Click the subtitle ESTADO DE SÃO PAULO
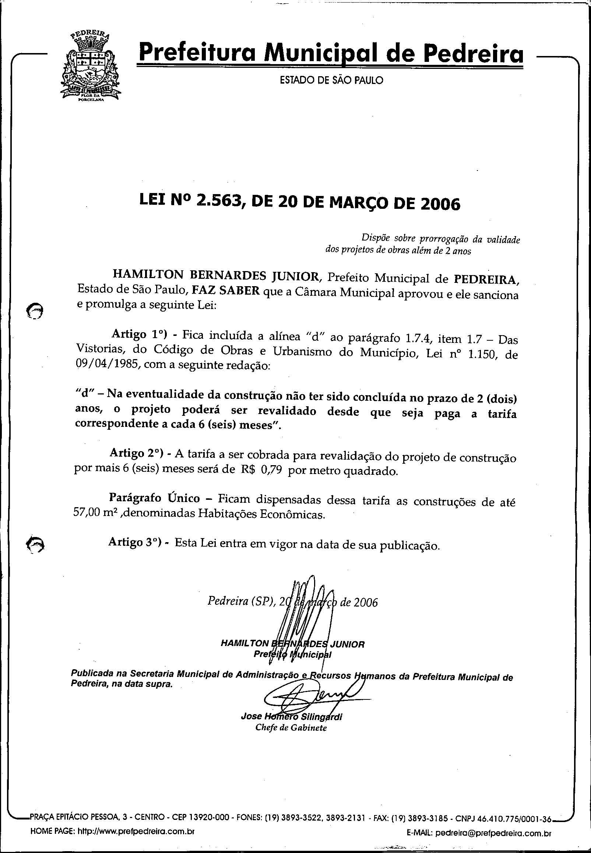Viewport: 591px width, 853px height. pos(331,80)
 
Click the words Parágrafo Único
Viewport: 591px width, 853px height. pos(154,498)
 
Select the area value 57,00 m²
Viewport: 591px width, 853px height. pos(95,514)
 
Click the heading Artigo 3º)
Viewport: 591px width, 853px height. pos(136,542)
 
